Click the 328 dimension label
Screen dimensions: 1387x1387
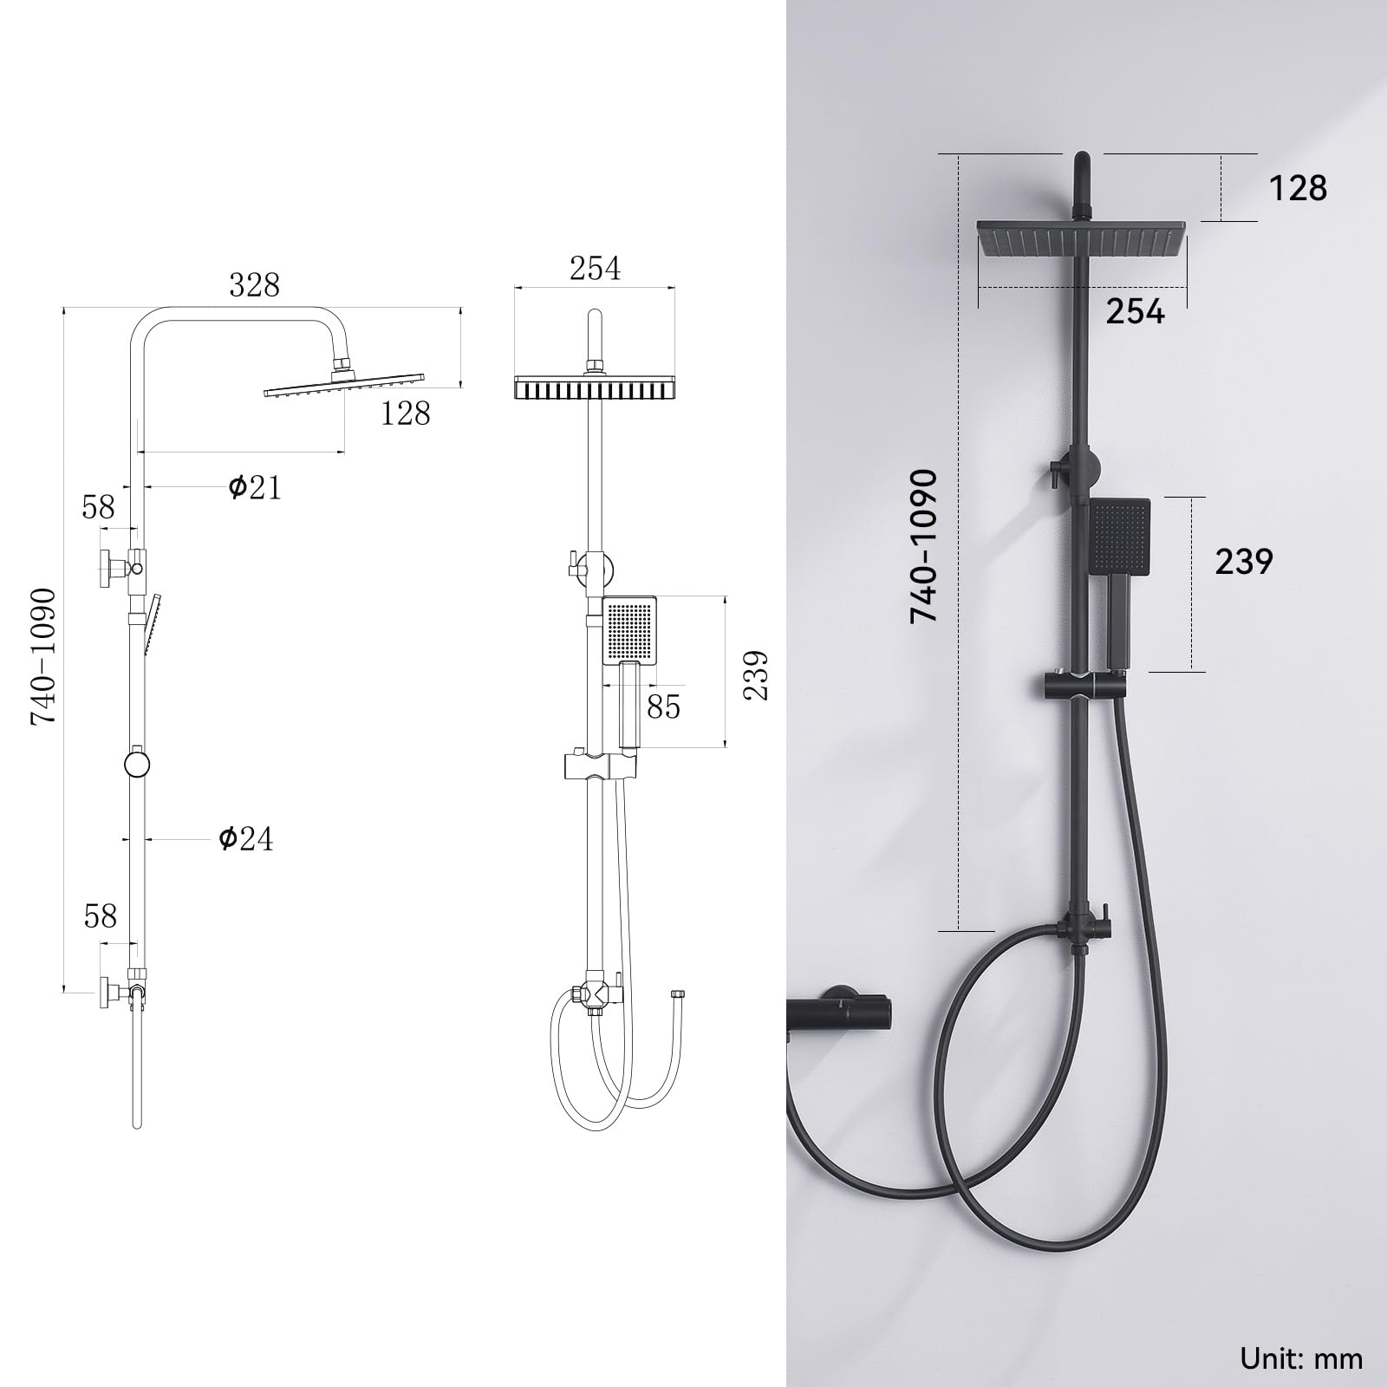coord(254,284)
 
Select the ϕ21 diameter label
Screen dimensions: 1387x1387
coord(255,487)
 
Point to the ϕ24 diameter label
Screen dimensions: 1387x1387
coord(245,838)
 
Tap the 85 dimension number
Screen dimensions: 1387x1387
coord(663,707)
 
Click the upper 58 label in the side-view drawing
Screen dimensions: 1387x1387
coord(98,507)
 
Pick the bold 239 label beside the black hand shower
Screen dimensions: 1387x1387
coord(1244,562)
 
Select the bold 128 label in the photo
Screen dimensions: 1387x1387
coord(1298,188)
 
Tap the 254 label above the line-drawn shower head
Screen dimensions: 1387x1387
coord(595,269)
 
